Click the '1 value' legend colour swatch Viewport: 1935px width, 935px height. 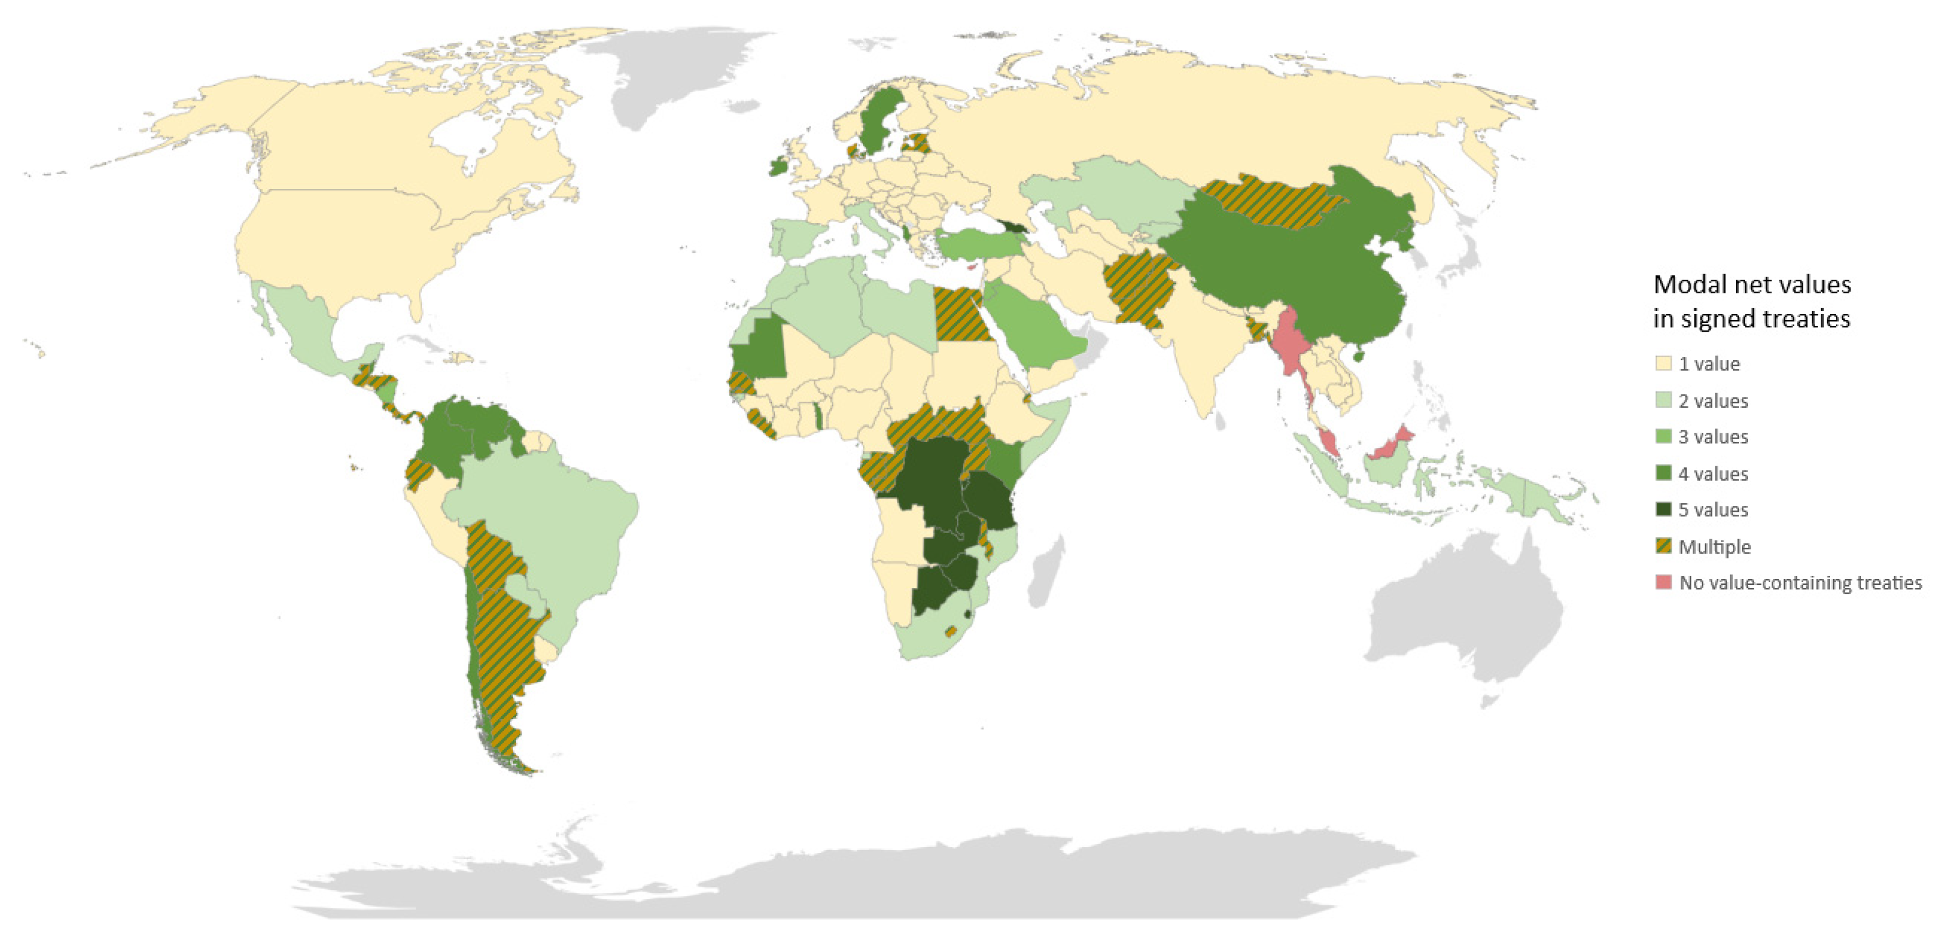pos(1663,364)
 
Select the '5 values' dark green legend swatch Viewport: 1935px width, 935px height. pos(1663,509)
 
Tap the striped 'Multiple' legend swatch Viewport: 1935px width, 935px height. pos(1663,546)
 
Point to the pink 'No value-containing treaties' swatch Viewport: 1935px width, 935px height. pos(1663,582)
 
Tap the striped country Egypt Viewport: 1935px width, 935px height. pos(962,315)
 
